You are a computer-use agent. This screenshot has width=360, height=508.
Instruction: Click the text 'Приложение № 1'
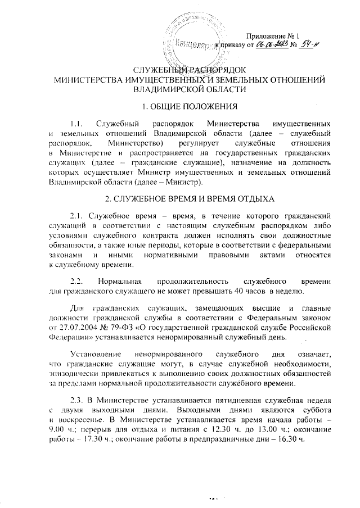pos(278,35)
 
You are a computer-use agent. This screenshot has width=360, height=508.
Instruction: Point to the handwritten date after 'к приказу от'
pos(272,45)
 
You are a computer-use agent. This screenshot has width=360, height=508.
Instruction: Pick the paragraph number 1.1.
pos(74,123)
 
